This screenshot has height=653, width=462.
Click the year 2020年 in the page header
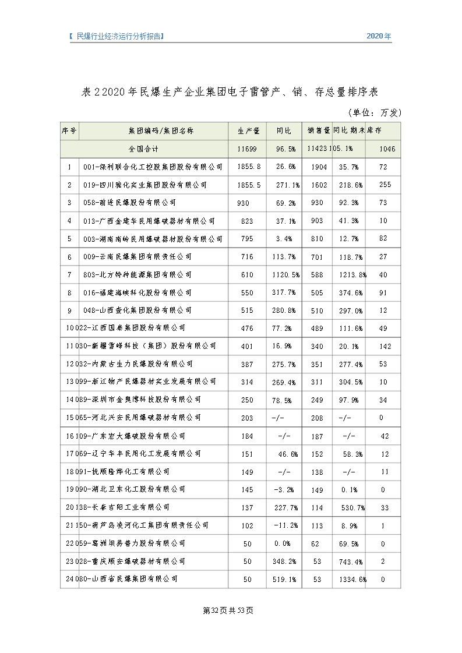pos(379,36)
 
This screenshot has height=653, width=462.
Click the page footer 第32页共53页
pos(228,610)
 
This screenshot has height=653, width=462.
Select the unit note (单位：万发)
pos(374,112)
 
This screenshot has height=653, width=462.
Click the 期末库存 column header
pos(382,131)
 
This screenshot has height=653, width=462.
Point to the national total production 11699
pos(247,149)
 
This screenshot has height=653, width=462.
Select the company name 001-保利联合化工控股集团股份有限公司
pos(153,167)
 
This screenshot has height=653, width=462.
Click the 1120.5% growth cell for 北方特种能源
pos(285,274)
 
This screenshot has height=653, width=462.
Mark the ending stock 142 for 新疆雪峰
pos(383,346)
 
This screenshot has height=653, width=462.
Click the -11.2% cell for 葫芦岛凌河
pos(286,525)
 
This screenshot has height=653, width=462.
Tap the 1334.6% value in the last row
pos(352,580)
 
